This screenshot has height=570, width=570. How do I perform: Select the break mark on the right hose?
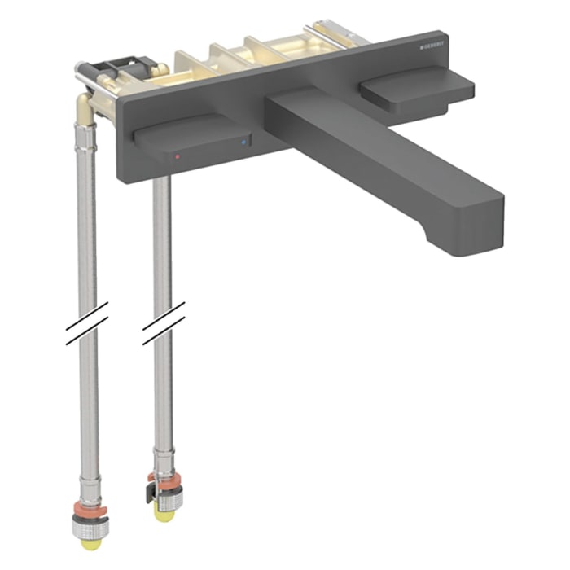click(163, 322)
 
